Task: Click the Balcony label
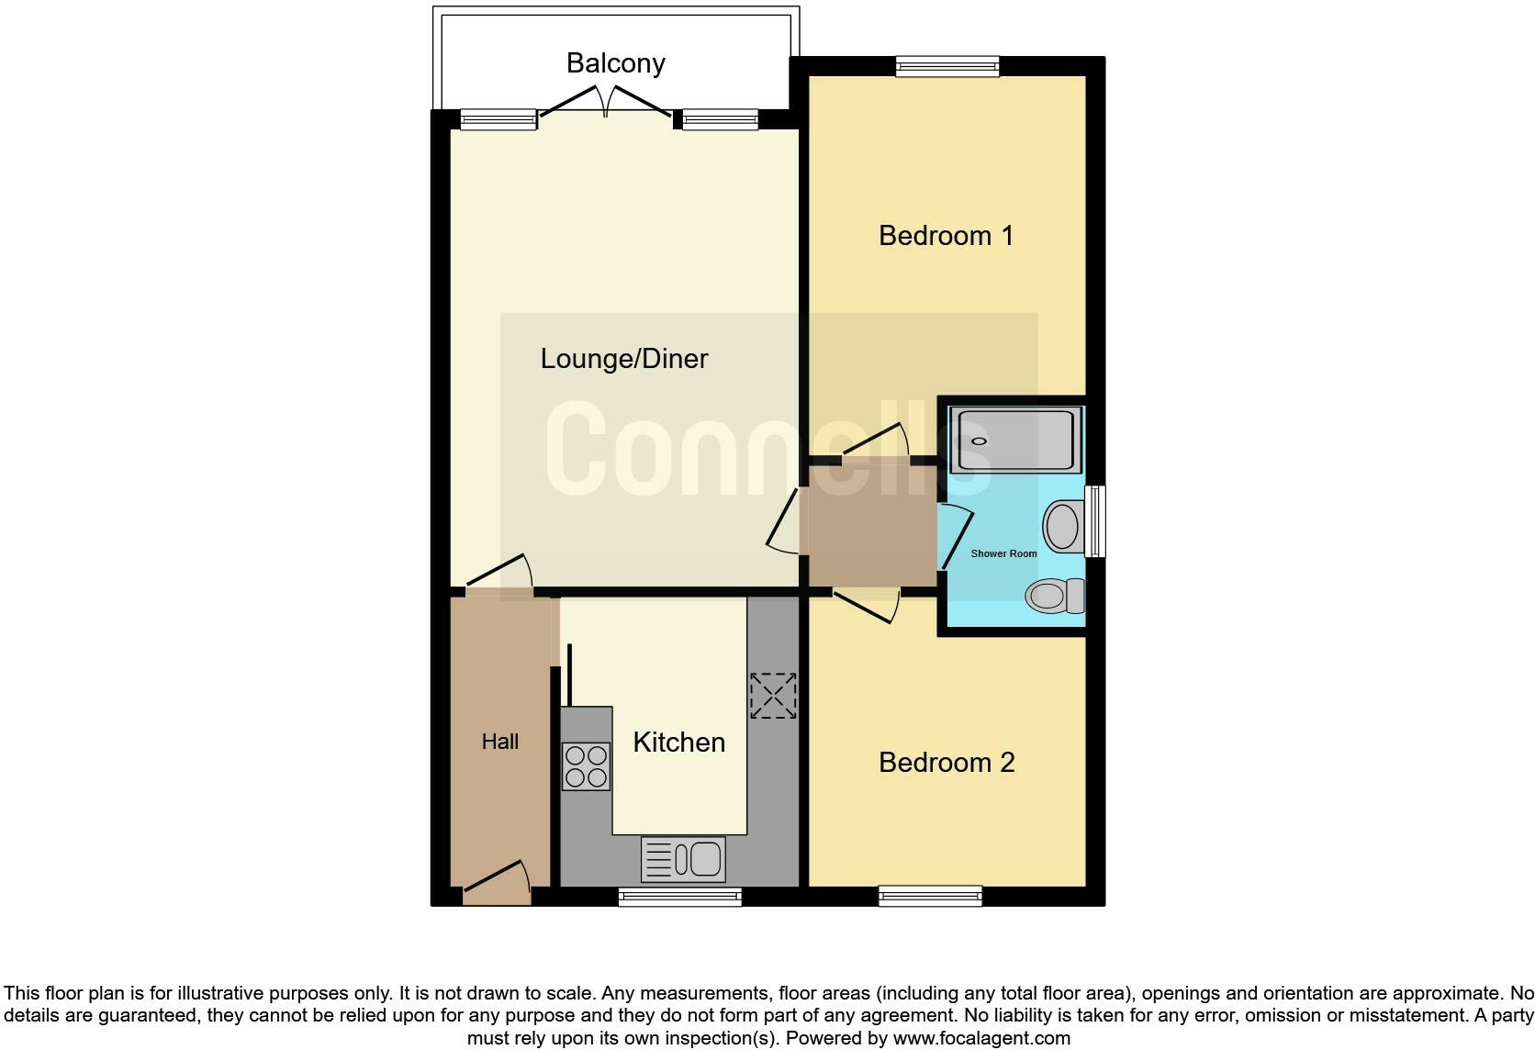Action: (x=615, y=63)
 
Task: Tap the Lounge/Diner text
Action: (x=624, y=359)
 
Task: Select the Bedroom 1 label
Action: (x=946, y=236)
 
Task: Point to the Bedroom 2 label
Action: (x=947, y=763)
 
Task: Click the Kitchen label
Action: (x=678, y=743)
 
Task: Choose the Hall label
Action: (x=500, y=742)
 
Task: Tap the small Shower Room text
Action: (x=1003, y=553)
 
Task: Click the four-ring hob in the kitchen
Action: (x=586, y=766)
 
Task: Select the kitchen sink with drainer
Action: (x=684, y=859)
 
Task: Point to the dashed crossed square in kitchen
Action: (x=773, y=696)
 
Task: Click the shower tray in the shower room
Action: (x=1015, y=441)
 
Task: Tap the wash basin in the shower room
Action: (x=1062, y=527)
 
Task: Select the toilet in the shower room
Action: (x=1056, y=597)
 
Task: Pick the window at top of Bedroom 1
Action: (x=947, y=66)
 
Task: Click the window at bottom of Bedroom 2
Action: (x=930, y=896)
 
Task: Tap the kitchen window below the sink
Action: (x=679, y=897)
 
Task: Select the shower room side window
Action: (x=1095, y=521)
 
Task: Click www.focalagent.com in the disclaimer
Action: (x=981, y=1038)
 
